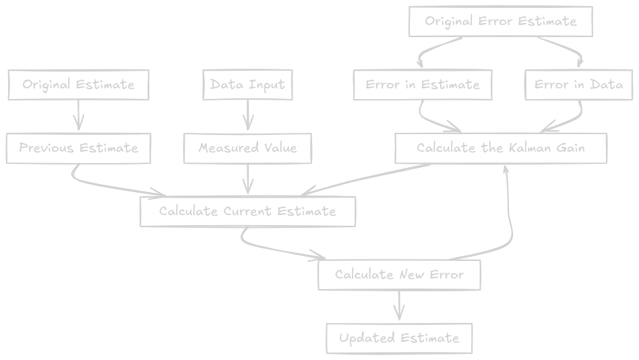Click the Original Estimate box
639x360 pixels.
[78, 85]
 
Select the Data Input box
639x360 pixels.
[247, 85]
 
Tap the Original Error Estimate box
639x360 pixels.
[500, 22]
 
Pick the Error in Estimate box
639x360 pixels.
[423, 85]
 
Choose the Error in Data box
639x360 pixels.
[578, 85]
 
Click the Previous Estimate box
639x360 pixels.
[78, 148]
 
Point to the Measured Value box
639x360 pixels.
[247, 148]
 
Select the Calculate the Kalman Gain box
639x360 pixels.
[500, 148]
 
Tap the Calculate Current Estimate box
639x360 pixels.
[247, 212]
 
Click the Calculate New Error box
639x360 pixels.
[399, 275]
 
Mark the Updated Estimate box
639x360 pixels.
[399, 338]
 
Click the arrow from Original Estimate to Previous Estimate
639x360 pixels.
[78, 116]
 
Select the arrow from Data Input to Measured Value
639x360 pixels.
[247, 116]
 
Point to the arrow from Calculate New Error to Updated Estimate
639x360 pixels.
[399, 307]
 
